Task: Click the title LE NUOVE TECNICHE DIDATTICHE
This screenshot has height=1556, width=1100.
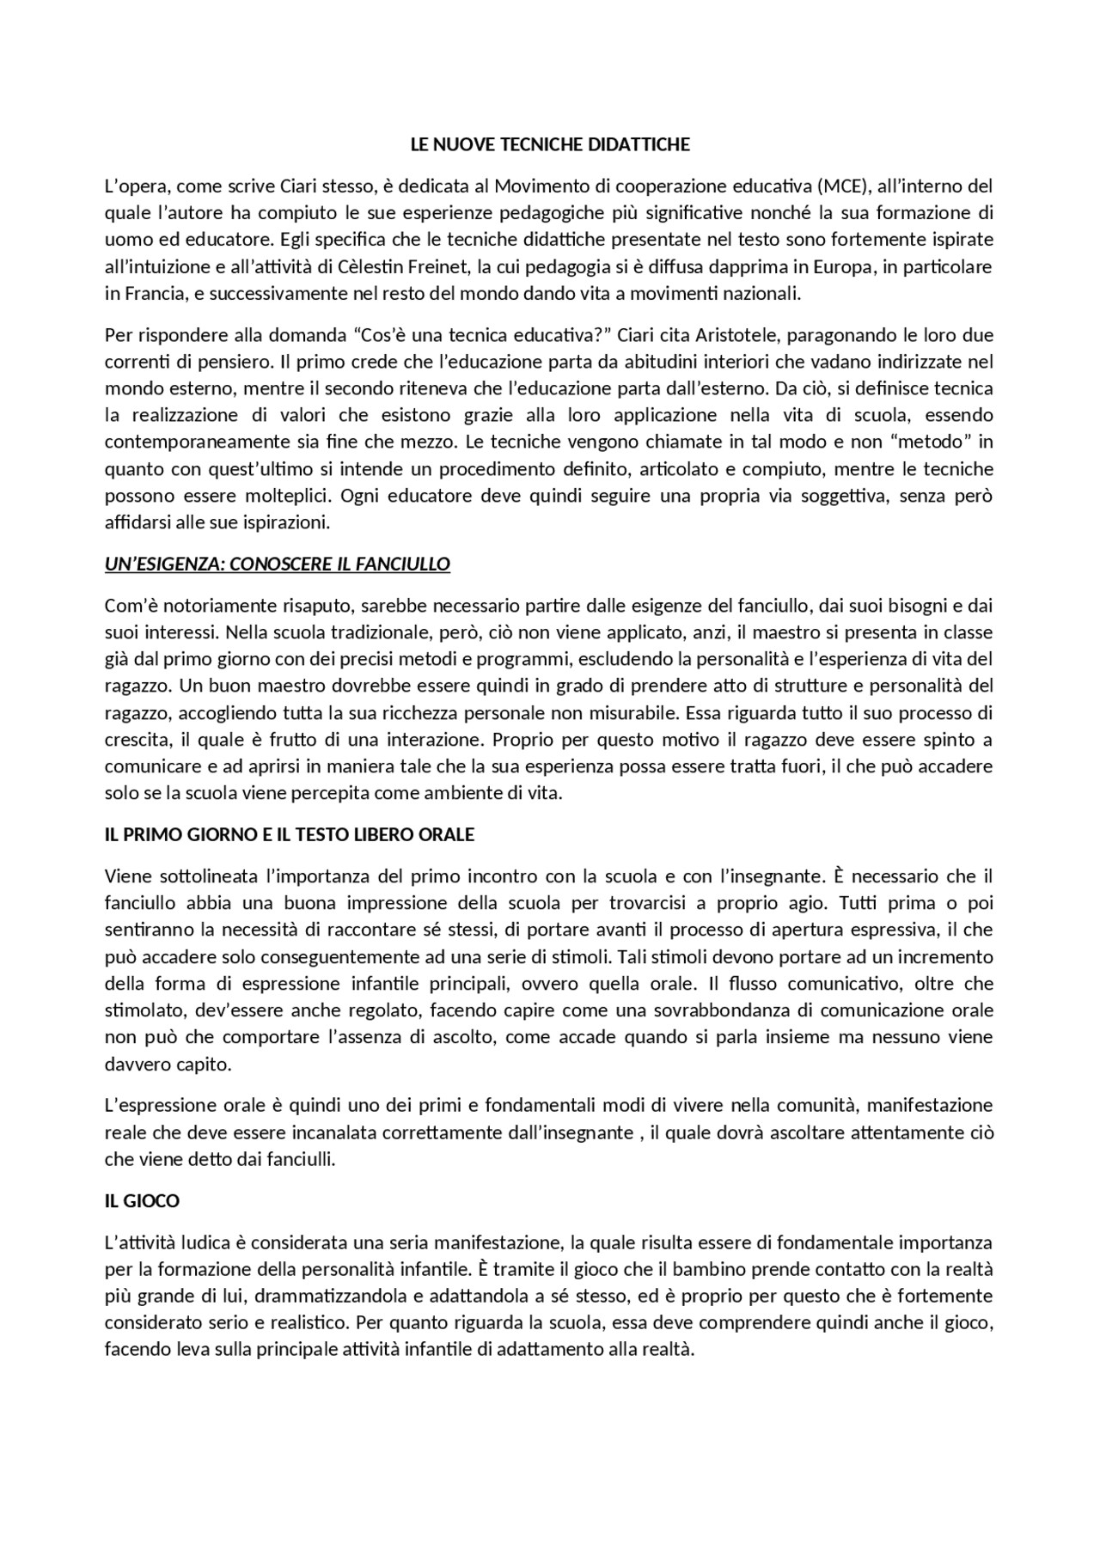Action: coord(550,144)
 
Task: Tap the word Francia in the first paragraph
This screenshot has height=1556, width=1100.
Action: coord(144,294)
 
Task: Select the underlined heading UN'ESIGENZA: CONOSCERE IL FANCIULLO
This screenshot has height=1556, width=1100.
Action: coord(278,564)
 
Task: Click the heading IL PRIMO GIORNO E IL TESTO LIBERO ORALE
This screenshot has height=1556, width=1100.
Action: coord(290,835)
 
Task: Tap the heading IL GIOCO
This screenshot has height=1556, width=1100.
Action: coord(142,1201)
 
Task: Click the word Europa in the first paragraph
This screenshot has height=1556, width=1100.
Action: coord(846,266)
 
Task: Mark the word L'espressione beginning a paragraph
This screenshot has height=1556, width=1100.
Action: coord(162,1105)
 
